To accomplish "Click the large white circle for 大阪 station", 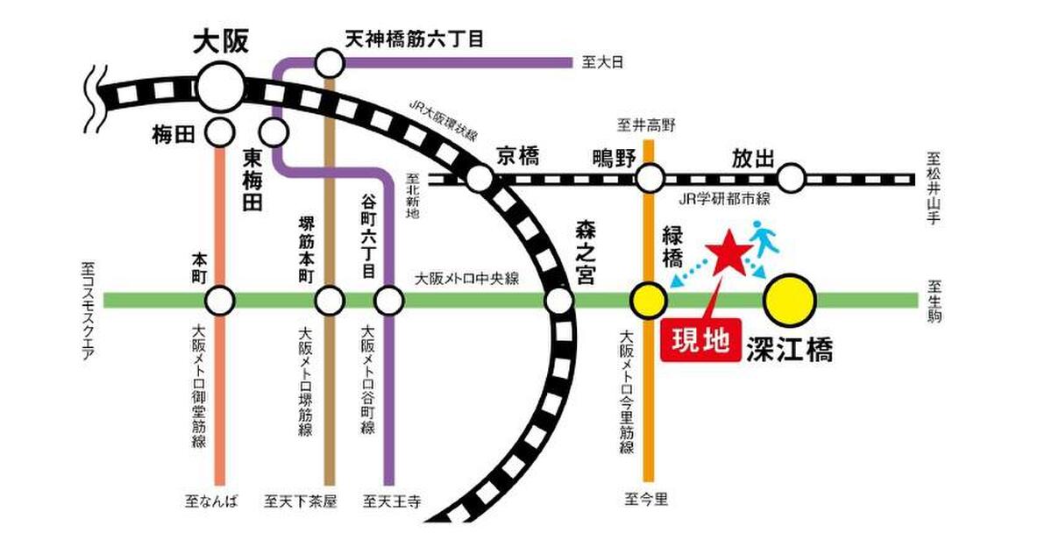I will (220, 88).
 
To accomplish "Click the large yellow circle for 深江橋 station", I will (789, 300).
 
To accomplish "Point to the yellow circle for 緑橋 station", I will (649, 301).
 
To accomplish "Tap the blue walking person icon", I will (762, 237).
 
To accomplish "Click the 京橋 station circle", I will (480, 179).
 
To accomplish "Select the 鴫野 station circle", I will (650, 179).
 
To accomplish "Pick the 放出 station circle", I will (793, 179).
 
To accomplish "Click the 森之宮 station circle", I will (558, 302).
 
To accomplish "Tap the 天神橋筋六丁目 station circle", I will (330, 62).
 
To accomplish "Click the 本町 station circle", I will (220, 302).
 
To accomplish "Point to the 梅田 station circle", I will (220, 133).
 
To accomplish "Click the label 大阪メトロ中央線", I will (466, 280).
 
